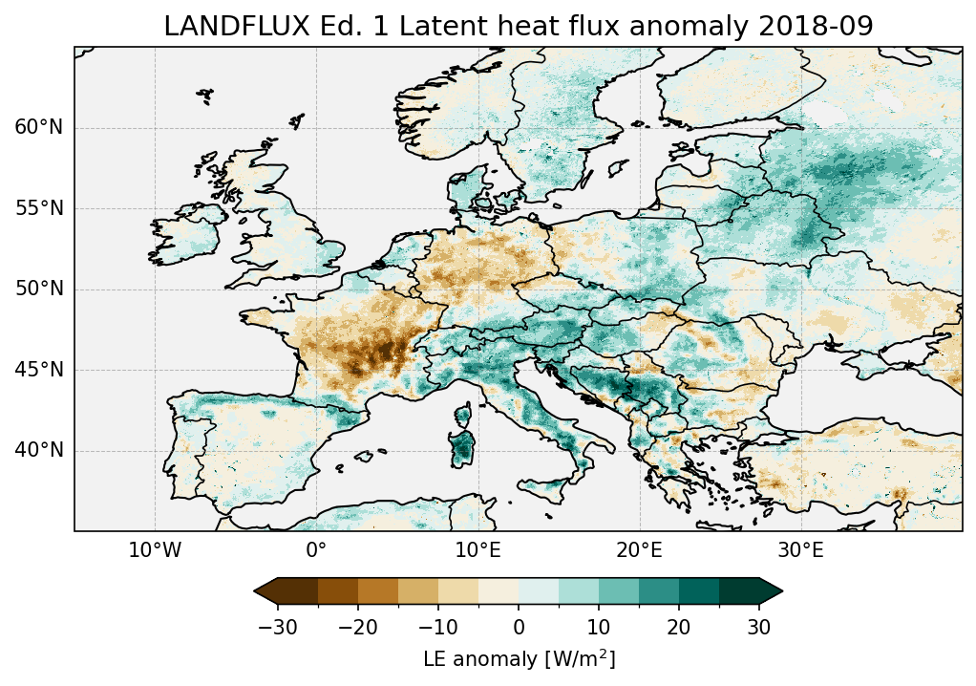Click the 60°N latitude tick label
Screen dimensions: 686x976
[39, 128]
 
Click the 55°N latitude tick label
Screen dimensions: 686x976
[39, 208]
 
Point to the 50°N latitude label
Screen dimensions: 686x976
[39, 289]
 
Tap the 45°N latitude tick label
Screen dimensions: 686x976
[39, 370]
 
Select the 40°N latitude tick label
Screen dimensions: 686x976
[39, 450]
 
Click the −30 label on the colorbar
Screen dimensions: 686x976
[277, 627]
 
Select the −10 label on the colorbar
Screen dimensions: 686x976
[437, 627]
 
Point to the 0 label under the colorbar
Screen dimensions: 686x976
[519, 627]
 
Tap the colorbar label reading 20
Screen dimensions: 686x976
[679, 627]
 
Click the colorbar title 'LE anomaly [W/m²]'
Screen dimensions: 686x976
[519, 659]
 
